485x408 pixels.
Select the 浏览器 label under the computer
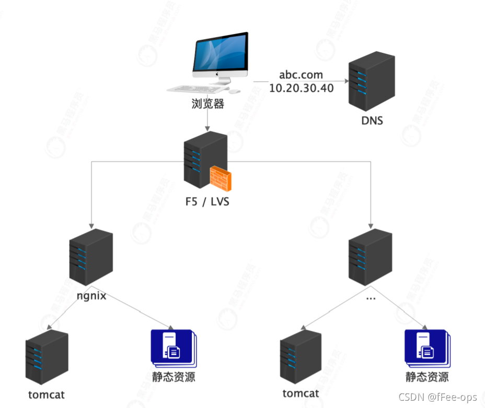coord(207,104)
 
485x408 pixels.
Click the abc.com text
coord(301,75)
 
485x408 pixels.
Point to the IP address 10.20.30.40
coord(301,88)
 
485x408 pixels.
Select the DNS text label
coord(372,121)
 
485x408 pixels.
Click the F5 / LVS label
coord(207,201)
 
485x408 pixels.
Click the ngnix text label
coord(91,296)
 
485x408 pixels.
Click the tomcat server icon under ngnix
coord(47,357)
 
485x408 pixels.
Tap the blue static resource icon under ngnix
coord(172,348)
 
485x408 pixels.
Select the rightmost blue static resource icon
coord(426,348)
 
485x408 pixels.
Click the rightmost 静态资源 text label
coord(427,377)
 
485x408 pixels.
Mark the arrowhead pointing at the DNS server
coord(345,81)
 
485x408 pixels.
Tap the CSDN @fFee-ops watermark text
coord(438,398)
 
